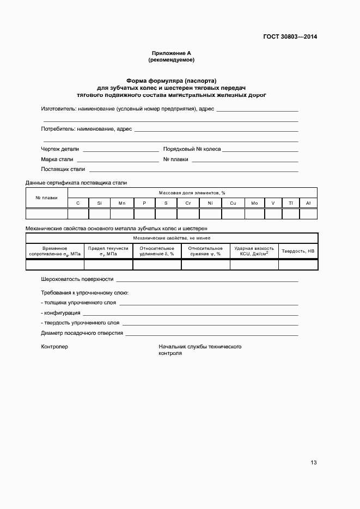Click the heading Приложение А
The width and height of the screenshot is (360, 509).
tap(172, 53)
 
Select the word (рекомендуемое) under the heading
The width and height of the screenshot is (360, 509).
tap(172, 59)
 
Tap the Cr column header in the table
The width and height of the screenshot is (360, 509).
tap(188, 203)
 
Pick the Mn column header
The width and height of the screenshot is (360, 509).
tap(122, 203)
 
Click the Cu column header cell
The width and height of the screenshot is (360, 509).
tap(233, 203)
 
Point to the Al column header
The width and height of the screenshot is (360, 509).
tap(308, 203)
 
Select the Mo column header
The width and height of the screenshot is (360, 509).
tap(254, 203)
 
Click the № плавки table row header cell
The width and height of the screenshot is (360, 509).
tap(47, 198)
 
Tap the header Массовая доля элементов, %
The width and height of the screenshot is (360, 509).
tap(192, 193)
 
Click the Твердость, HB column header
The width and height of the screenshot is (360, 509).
tap(298, 251)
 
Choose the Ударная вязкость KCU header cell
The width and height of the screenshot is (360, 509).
tap(254, 251)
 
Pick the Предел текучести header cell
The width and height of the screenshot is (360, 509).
tap(108, 251)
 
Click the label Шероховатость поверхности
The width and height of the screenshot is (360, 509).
tap(77, 279)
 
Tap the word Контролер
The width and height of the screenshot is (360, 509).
tap(54, 347)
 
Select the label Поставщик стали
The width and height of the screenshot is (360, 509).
tap(63, 169)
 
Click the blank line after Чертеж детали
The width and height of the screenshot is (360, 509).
tap(120, 150)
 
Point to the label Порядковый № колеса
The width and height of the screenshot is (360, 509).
tap(192, 149)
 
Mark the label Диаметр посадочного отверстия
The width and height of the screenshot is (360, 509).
tap(82, 333)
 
